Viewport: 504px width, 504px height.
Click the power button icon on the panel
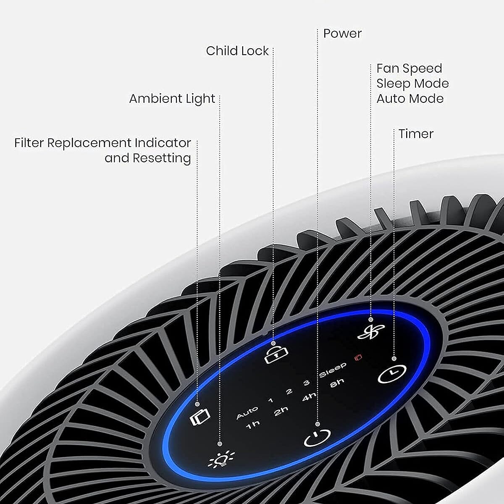coord(317,438)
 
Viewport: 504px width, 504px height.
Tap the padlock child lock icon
coord(273,355)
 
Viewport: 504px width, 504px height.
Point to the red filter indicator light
coord(358,357)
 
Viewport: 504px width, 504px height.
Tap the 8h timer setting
coord(337,383)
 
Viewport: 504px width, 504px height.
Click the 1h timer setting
coord(253,425)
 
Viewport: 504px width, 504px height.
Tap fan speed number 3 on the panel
coord(306,383)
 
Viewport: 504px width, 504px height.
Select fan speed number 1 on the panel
coord(270,400)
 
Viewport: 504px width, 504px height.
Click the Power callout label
coord(342,34)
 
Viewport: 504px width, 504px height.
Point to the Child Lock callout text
coord(237,51)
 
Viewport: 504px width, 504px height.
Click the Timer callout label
coord(416,134)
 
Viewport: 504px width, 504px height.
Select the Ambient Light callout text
coord(172,99)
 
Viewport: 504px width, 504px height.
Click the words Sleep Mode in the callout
coord(412,83)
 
